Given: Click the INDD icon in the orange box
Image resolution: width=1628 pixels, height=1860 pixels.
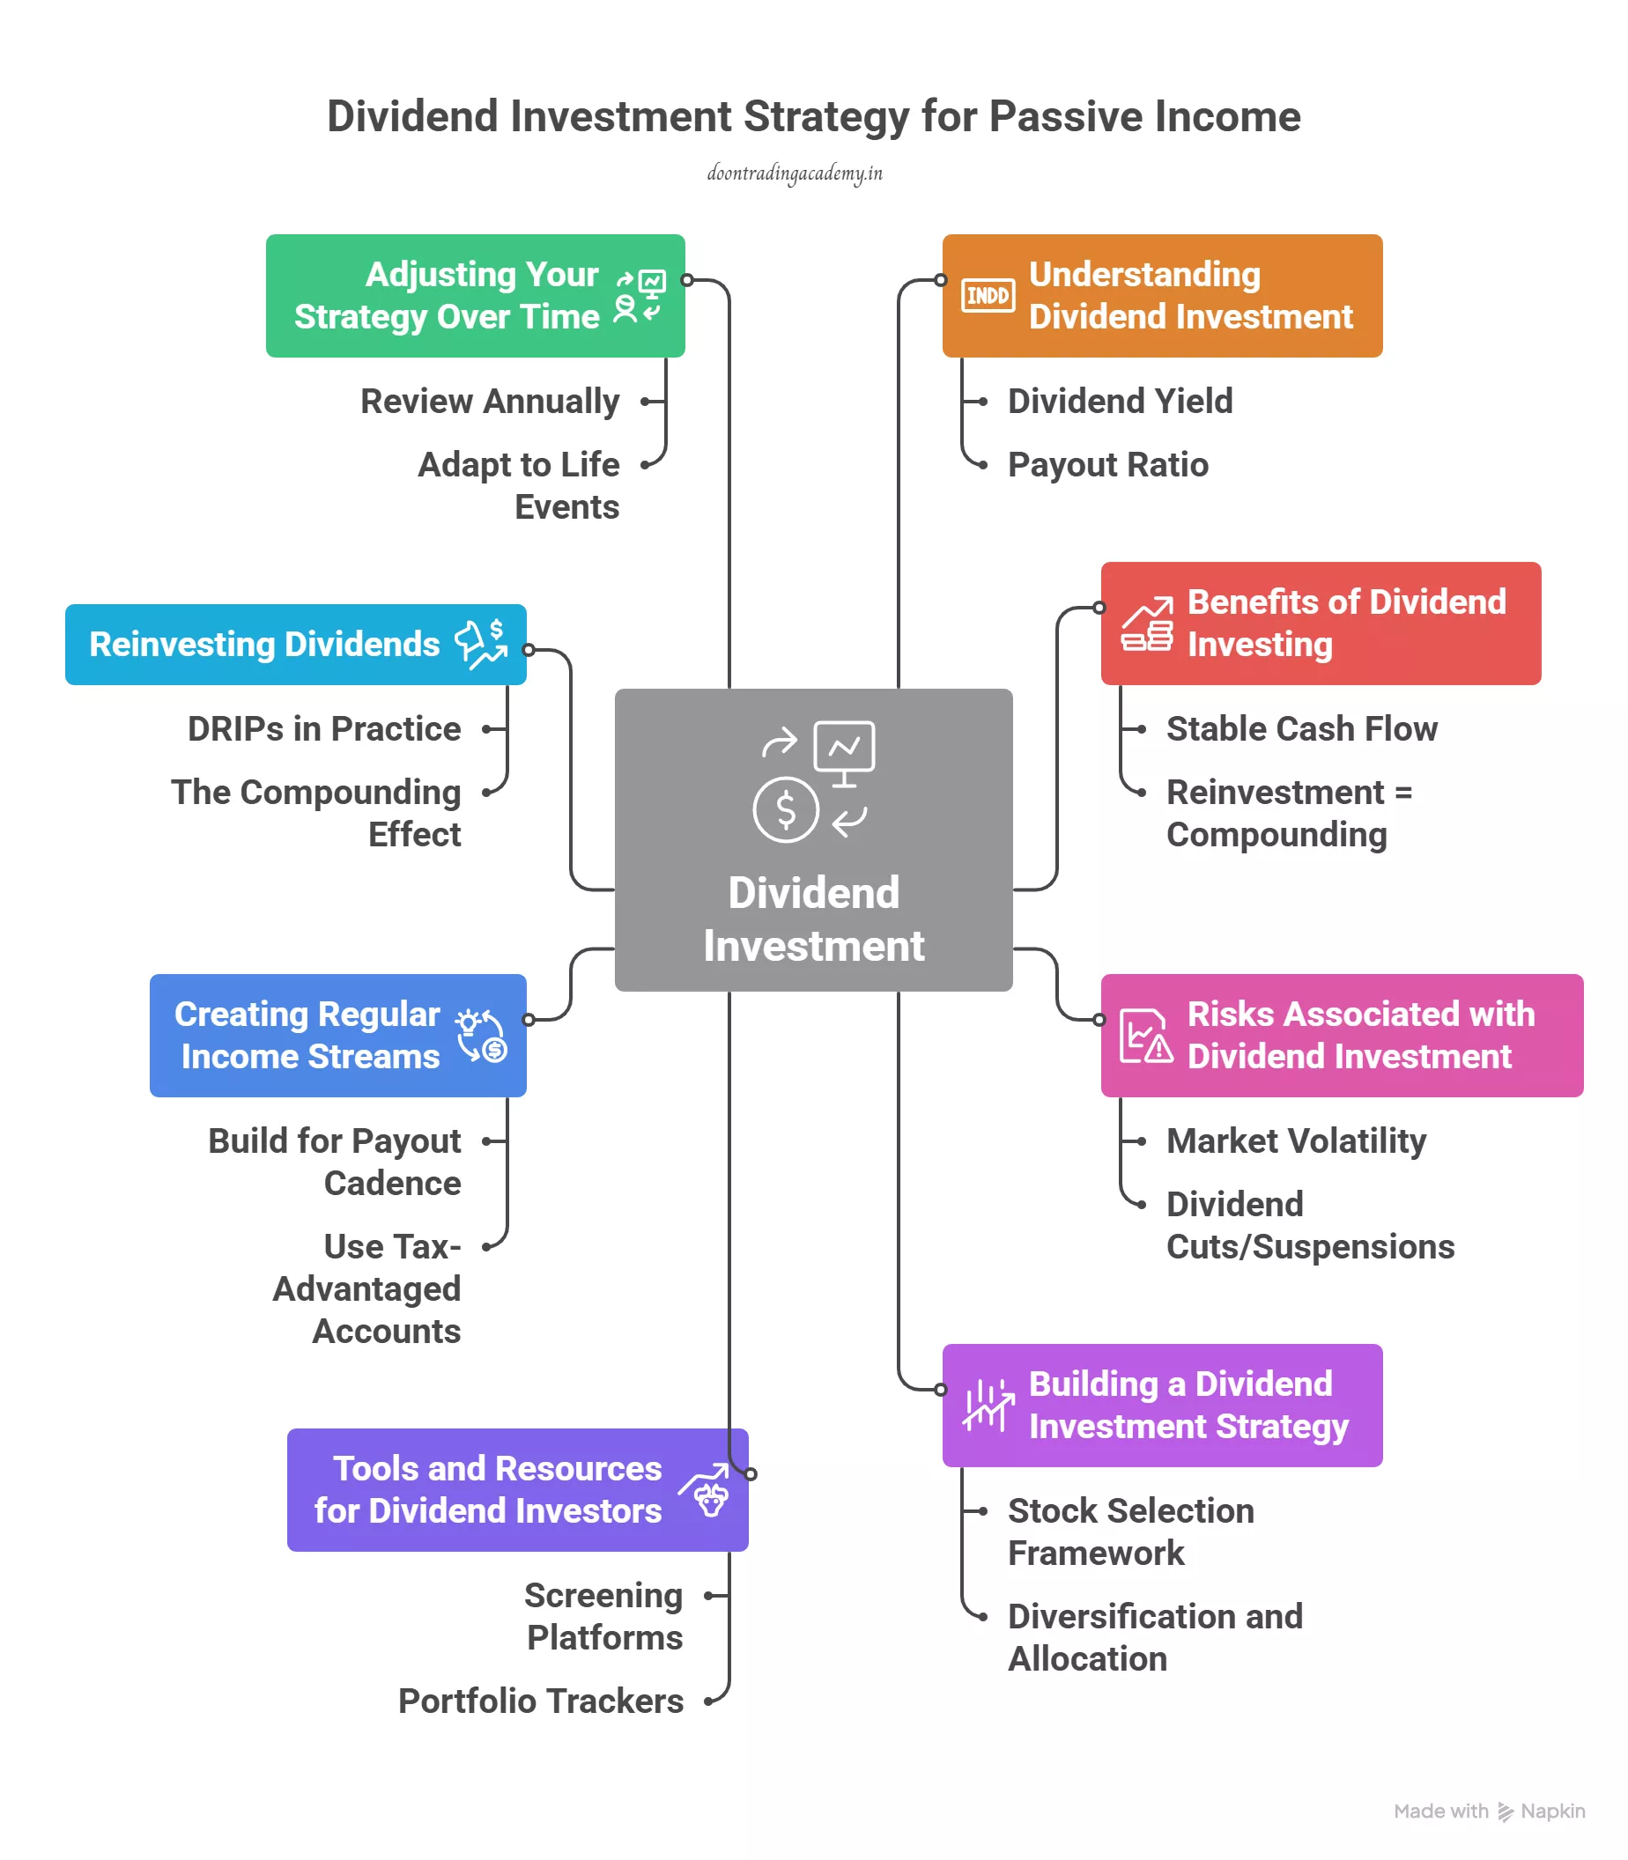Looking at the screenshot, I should click(988, 295).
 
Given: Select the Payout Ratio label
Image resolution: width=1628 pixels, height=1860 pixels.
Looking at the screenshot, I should click(1107, 465).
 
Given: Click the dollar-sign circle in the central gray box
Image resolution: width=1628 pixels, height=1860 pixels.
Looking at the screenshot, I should click(786, 809).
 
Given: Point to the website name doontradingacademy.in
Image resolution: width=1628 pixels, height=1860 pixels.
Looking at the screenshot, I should click(795, 173).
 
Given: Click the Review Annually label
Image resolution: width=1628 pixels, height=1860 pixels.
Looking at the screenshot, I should click(490, 402).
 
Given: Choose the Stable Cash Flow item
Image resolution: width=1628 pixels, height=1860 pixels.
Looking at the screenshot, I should click(1301, 729).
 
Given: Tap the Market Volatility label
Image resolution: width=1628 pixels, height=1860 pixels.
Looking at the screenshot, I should click(1296, 1140).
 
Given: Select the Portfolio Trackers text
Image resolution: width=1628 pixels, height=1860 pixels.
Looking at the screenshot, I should click(541, 1701).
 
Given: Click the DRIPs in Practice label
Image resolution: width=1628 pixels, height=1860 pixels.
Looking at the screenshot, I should click(324, 729).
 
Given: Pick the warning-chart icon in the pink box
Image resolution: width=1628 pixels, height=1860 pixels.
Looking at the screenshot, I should click(1145, 1036).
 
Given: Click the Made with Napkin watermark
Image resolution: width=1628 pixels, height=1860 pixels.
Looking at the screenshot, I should click(1489, 1811).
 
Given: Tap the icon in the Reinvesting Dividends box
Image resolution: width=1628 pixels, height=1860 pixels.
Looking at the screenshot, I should click(482, 644).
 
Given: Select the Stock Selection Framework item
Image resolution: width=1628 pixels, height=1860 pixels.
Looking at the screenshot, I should click(1130, 1532).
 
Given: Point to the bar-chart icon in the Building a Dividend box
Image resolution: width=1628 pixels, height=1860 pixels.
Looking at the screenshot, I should click(988, 1405).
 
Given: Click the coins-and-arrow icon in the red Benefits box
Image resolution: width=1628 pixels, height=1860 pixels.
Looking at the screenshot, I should click(1146, 625).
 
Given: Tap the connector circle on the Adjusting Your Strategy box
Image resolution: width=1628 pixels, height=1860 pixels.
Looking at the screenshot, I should click(688, 280).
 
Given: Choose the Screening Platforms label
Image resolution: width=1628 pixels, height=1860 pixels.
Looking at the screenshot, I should click(604, 1616).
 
